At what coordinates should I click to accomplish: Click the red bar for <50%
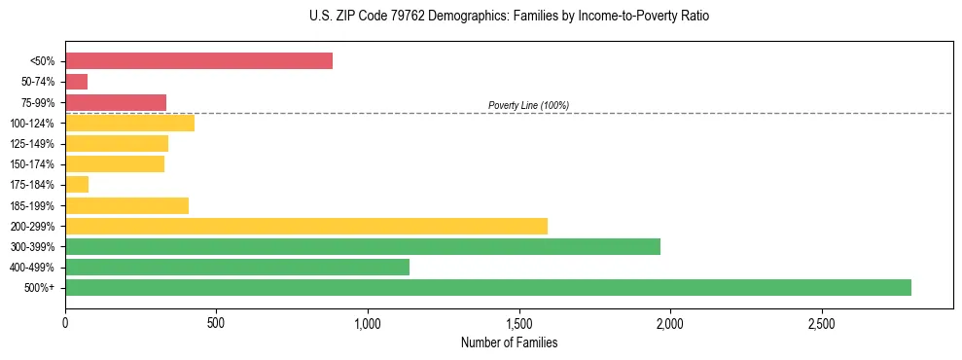point(198,61)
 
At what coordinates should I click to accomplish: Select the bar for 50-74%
point(77,82)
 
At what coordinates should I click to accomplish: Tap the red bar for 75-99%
point(116,102)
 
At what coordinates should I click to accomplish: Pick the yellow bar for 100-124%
point(129,123)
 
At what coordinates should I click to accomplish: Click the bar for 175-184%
point(77,185)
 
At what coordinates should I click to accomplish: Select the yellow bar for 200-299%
point(306,226)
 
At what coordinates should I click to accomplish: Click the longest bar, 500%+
point(488,287)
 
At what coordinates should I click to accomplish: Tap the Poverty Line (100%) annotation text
point(528,105)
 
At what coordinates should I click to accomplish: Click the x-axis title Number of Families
point(509,342)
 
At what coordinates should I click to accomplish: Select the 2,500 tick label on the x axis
point(822,322)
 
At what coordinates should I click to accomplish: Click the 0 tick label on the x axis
point(65,322)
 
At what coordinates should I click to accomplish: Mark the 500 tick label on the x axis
point(216,322)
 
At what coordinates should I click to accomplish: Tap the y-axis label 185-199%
point(32,205)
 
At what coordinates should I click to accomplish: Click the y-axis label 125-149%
point(32,144)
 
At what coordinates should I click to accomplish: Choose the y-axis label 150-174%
point(32,164)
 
